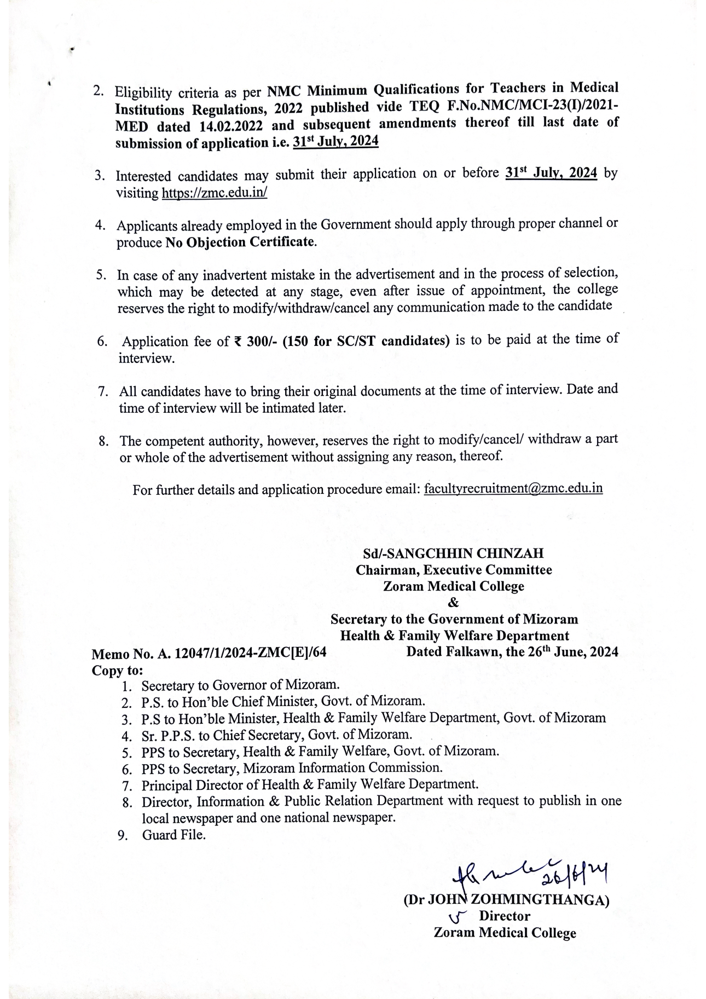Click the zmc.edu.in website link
pyautogui.click(x=214, y=193)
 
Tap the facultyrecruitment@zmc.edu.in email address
pyautogui.click(x=513, y=488)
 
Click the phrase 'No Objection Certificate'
pyautogui.click(x=240, y=241)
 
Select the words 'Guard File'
pyautogui.click(x=174, y=835)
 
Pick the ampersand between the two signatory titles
pyautogui.click(x=453, y=603)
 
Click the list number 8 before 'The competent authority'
pyautogui.click(x=102, y=441)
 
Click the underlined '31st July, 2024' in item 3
pyautogui.click(x=551, y=173)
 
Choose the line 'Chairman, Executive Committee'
pyautogui.click(x=454, y=570)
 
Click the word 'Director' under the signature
pyautogui.click(x=504, y=916)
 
